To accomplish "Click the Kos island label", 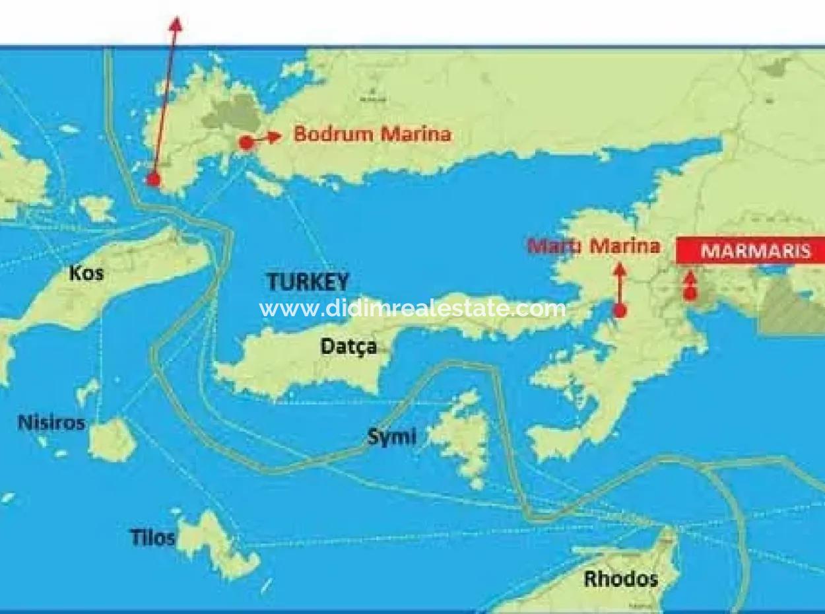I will point(86,273).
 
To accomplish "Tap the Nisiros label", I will point(51,422).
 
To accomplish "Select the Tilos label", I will point(152,537).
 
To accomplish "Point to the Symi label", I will point(391,436).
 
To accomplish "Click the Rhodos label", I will point(620,579).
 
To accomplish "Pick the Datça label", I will point(348,346).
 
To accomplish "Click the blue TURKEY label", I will point(308,282).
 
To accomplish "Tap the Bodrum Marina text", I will point(372,134).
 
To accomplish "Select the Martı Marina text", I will point(593,246).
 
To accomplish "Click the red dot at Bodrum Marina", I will point(246,142).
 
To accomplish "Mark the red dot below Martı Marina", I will point(619,311).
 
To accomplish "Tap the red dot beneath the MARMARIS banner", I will point(690,294).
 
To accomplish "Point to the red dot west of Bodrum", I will point(153,179).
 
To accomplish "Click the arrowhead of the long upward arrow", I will point(176,24).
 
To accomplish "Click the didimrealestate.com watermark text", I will point(412,308).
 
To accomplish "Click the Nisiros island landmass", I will point(112,439).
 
